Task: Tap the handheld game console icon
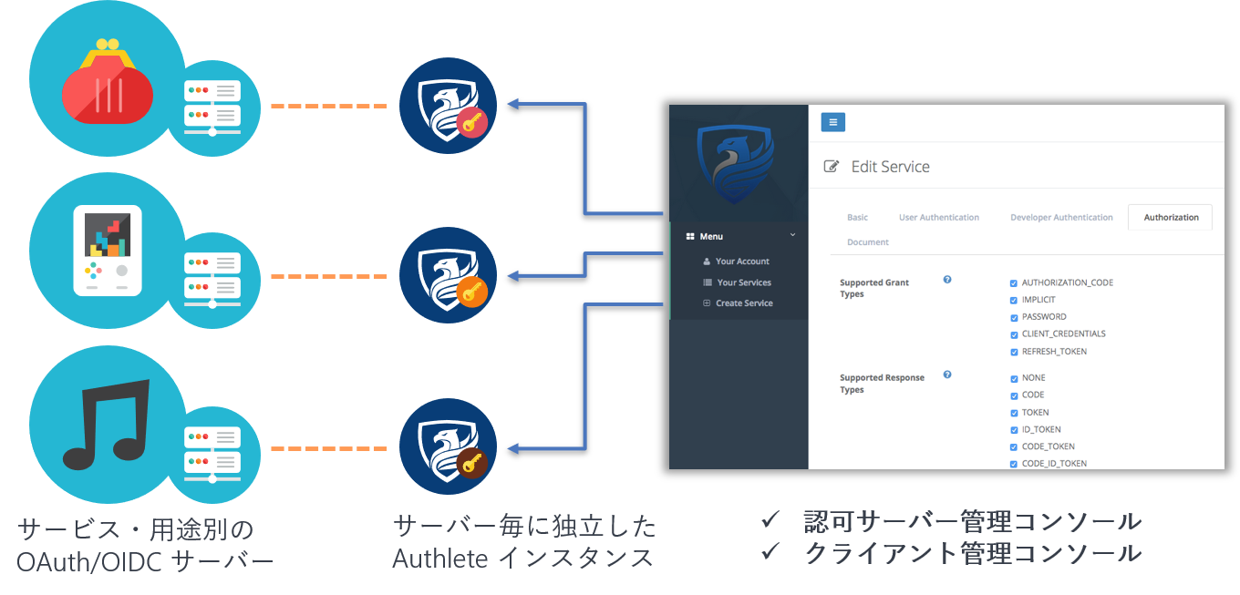pos(108,248)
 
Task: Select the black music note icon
pos(106,421)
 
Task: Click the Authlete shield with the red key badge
pos(448,106)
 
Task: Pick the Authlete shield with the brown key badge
pos(448,447)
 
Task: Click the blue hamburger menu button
pos(832,122)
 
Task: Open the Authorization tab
pos(1171,218)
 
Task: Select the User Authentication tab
pos(938,218)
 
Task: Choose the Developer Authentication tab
pos(1061,218)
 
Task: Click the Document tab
pos(867,242)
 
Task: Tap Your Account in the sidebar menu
pos(742,262)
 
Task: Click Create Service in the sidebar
pos(744,303)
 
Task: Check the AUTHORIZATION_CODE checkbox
pos(1014,283)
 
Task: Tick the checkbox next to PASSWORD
pos(1014,317)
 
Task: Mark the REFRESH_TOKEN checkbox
pos(1014,352)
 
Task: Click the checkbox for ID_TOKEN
pos(1014,430)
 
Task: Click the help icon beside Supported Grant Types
pos(947,280)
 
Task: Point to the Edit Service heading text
pos(890,167)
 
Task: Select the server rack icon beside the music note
pos(212,449)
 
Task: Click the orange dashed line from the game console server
pos(329,276)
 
